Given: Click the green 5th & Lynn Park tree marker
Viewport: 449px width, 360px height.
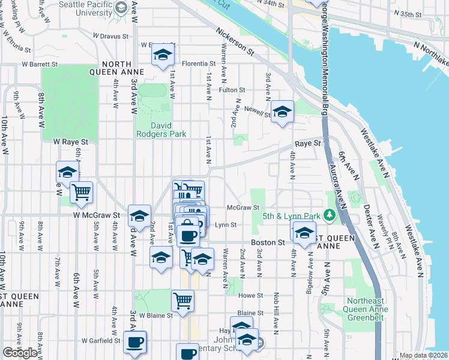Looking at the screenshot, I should pos(329,215).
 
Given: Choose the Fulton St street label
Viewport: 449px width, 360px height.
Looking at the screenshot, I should pos(232,90).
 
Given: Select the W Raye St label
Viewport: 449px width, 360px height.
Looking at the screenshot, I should pos(70,142).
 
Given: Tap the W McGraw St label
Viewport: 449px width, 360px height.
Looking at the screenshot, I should pos(97,214).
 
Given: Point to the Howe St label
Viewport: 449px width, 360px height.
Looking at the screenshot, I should pos(251,296).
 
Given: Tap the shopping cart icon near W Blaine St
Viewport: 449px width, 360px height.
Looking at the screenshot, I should pos(183,300).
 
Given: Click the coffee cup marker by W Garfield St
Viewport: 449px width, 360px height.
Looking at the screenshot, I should pos(135,342).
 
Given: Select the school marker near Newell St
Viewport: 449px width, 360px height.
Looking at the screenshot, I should pos(282,111).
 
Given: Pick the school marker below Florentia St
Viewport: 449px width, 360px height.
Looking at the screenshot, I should pos(161,55).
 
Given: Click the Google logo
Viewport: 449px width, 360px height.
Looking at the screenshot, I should pos(20,353).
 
